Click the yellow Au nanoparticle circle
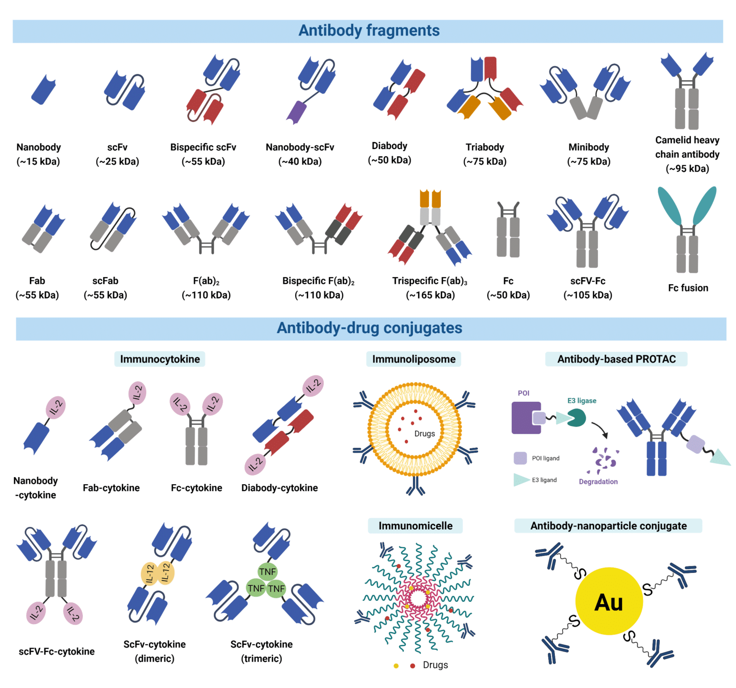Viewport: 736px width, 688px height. tap(609, 601)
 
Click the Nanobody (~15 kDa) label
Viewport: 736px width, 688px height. tap(38, 154)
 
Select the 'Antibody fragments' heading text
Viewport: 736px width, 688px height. tap(368, 31)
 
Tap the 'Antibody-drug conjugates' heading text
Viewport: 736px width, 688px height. tap(369, 328)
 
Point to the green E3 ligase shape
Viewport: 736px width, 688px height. tap(577, 418)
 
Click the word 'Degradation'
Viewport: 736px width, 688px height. tap(598, 481)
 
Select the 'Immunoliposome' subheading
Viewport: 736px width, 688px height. tap(414, 359)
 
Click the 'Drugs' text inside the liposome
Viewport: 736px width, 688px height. tap(425, 433)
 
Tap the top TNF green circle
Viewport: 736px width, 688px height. tap(267, 571)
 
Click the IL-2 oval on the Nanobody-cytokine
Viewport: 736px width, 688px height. tap(56, 408)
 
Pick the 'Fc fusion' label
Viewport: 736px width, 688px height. tap(688, 288)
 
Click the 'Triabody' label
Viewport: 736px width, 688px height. tap(484, 147)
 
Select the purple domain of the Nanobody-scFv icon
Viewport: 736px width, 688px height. tap(296, 112)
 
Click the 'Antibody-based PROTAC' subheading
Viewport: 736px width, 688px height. tap(616, 359)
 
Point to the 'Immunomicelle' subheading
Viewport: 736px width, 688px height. tap(415, 526)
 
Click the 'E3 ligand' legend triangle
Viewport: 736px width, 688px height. tap(521, 479)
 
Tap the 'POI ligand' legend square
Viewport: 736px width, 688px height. tap(520, 458)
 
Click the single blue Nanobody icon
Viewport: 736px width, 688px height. tap(44, 90)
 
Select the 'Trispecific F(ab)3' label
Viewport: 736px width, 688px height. tap(430, 281)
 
